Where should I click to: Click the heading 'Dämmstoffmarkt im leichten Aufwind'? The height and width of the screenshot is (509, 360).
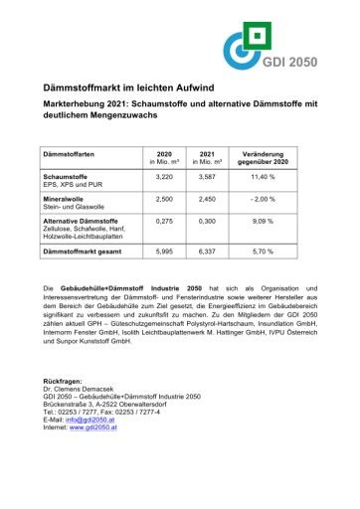coord(128,90)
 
